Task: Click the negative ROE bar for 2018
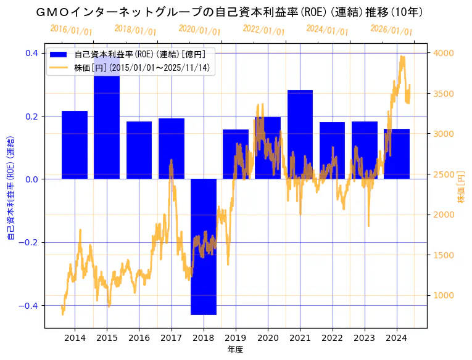[x=203, y=247]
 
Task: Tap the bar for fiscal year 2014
[x=75, y=145]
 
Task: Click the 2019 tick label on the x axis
[x=236, y=338]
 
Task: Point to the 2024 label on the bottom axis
[x=396, y=338]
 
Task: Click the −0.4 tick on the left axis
[x=30, y=306]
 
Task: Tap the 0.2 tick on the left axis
[x=32, y=116]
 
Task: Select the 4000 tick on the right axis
[x=445, y=53]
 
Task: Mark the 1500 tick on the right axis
[x=445, y=255]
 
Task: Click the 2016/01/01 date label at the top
[x=71, y=30]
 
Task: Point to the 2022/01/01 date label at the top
[x=263, y=30]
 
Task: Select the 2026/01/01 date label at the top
[x=391, y=30]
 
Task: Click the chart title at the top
[x=236, y=12]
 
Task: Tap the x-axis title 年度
[x=236, y=350]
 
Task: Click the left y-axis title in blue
[x=10, y=185]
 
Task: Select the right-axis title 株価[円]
[x=462, y=185]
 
